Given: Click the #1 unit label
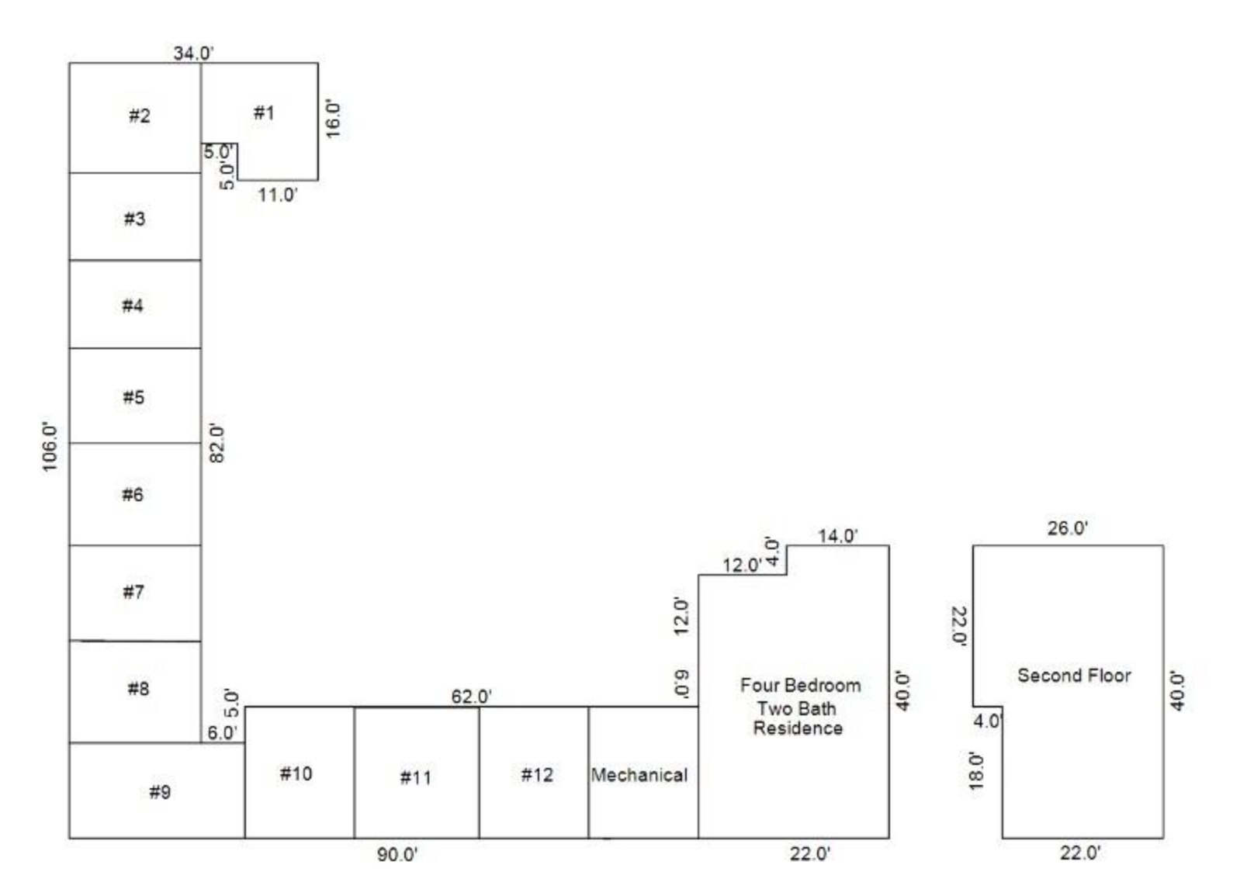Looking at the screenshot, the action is pyautogui.click(x=264, y=113).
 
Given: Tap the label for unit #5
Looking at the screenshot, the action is pyautogui.click(x=133, y=397).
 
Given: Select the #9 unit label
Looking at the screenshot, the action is pyautogui.click(x=160, y=792).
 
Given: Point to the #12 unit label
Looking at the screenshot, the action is pyautogui.click(x=537, y=774).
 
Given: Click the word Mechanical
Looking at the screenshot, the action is pyautogui.click(x=639, y=774).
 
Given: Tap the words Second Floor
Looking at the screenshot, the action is pyautogui.click(x=1074, y=676).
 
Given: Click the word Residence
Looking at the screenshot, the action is pyautogui.click(x=798, y=728).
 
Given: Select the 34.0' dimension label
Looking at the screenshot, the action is pyautogui.click(x=193, y=54).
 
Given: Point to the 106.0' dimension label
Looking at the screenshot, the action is pyautogui.click(x=50, y=447).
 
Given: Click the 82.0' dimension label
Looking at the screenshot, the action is pyautogui.click(x=216, y=443).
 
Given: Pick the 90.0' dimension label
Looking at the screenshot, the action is pyautogui.click(x=397, y=854).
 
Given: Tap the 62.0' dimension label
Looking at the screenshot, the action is pyautogui.click(x=471, y=697).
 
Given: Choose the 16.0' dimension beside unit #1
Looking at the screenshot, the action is pyautogui.click(x=332, y=119).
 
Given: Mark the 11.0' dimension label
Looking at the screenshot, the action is pyautogui.click(x=278, y=195).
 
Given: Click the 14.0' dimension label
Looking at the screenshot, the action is pyautogui.click(x=838, y=536).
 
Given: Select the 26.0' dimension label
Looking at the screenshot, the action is pyautogui.click(x=1067, y=528).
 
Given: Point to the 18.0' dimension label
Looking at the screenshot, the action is pyautogui.click(x=976, y=770).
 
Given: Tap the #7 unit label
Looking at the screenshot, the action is pyautogui.click(x=133, y=592).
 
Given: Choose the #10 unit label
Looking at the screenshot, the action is pyautogui.click(x=296, y=773).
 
